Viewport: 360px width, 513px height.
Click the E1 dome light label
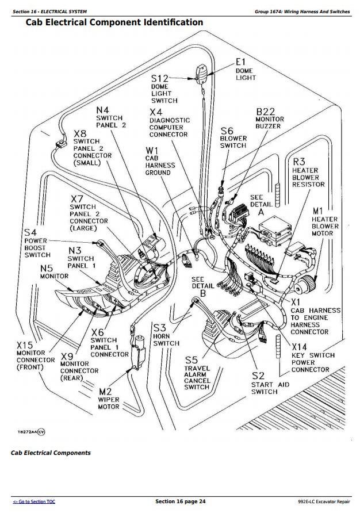tap(243, 70)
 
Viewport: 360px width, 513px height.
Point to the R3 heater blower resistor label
tap(308, 173)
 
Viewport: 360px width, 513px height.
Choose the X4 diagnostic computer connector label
tap(168, 124)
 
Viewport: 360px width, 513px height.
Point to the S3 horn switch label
tap(166, 335)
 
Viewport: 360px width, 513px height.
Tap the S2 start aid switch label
tap(264, 383)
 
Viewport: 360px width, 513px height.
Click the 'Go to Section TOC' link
tap(34, 502)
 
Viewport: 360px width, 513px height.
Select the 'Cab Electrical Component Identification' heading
tap(114, 22)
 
